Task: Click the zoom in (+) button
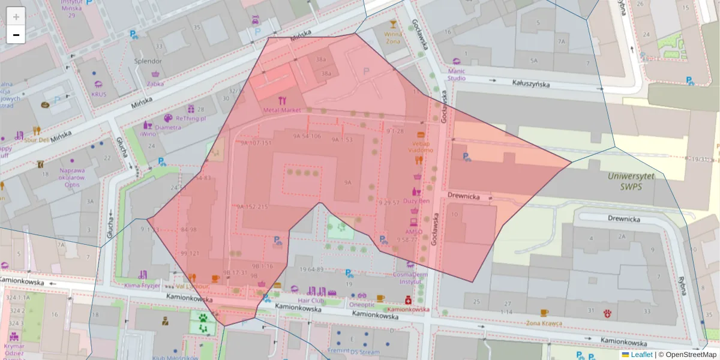click(16, 16)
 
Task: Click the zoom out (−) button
click(16, 35)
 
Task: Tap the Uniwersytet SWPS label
click(631, 181)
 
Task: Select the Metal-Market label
click(282, 110)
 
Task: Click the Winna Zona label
click(393, 38)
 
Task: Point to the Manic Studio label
click(457, 74)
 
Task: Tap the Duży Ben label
click(416, 201)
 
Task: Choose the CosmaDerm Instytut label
click(410, 277)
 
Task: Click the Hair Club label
click(311, 300)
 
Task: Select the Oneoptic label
click(362, 304)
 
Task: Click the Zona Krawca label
click(544, 323)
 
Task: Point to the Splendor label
click(148, 61)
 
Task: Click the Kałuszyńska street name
click(530, 84)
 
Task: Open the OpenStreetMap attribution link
click(687, 355)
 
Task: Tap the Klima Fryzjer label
click(142, 286)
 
